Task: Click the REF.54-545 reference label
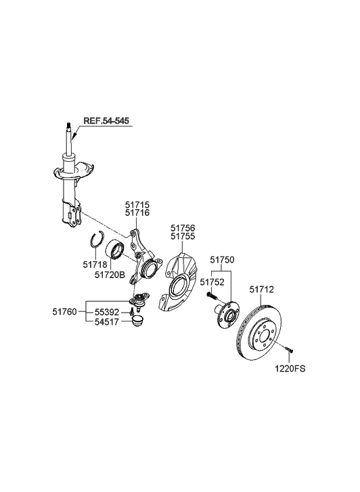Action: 106,121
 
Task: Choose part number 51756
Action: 183,229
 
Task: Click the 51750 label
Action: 221,259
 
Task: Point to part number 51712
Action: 262,289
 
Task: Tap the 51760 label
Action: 65,312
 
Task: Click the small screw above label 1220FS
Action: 289,351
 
